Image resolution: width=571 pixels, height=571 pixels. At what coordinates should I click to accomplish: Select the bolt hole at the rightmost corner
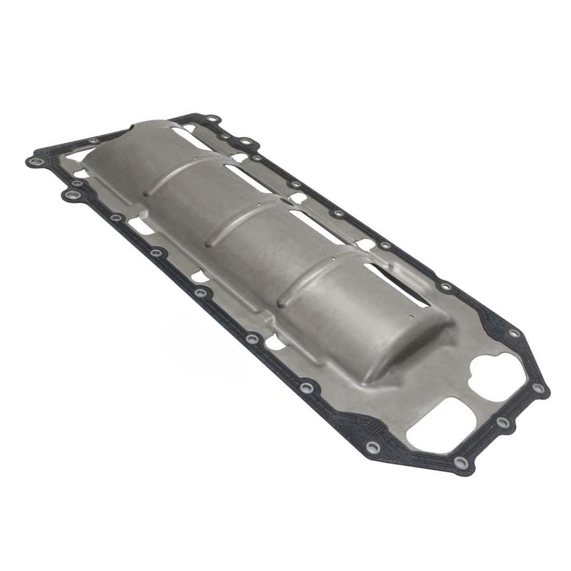click(537, 388)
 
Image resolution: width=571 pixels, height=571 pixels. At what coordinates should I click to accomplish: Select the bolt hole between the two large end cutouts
click(502, 421)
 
